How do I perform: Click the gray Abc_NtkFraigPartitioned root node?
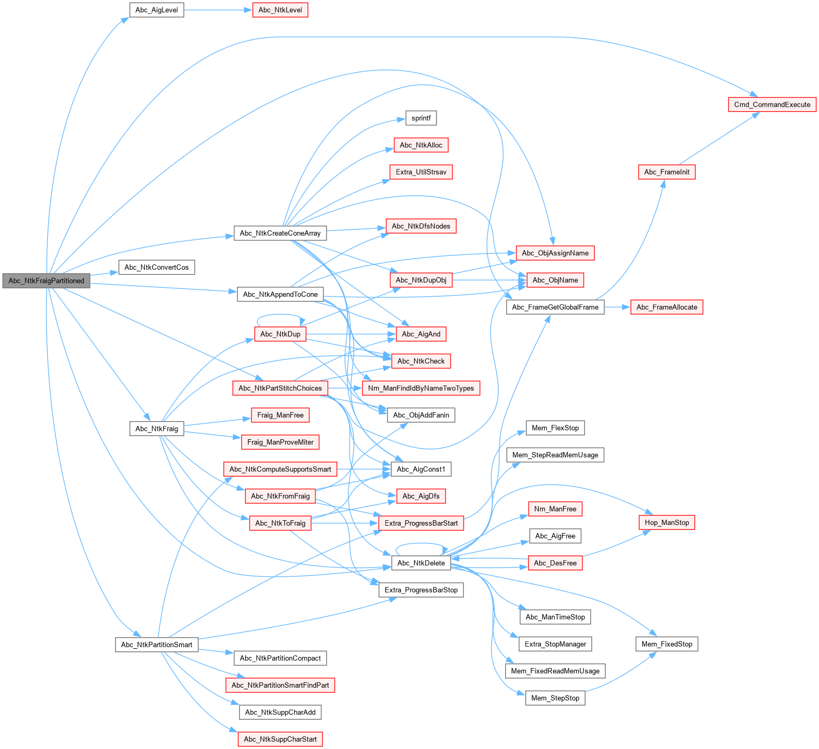[x=46, y=281]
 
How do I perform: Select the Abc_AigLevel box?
[x=157, y=10]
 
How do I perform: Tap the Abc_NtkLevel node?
[x=280, y=10]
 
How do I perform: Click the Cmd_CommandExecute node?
[x=772, y=104]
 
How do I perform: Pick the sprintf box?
[x=421, y=118]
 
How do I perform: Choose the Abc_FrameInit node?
[x=667, y=172]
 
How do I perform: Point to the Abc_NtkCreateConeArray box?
[x=280, y=233]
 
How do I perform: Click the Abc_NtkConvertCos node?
[x=157, y=268]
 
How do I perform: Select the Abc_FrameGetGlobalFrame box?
[x=555, y=307]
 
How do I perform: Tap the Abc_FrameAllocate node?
[x=667, y=307]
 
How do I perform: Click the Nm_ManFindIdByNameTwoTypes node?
[x=421, y=388]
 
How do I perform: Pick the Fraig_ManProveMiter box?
[x=280, y=442]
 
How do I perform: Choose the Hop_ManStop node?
[x=667, y=522]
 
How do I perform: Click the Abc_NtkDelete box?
[x=421, y=563]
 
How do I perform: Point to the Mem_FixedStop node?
[x=667, y=644]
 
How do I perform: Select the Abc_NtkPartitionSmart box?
[x=157, y=645]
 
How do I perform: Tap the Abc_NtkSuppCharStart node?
[x=280, y=739]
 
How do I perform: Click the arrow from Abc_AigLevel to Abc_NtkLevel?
[x=218, y=10]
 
